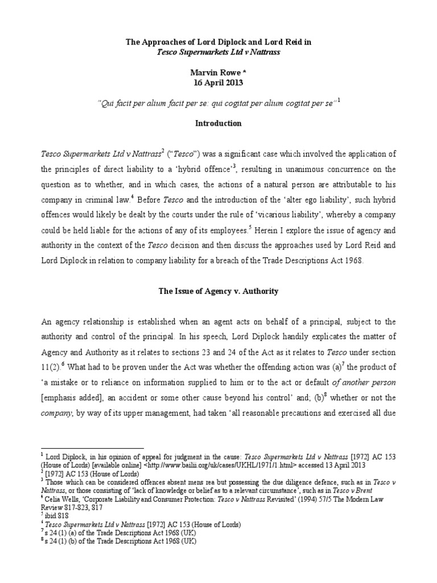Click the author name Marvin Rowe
[x=218, y=72]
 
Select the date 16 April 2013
[x=218, y=82]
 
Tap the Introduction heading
[x=218, y=123]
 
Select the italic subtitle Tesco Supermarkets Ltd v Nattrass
[x=218, y=51]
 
